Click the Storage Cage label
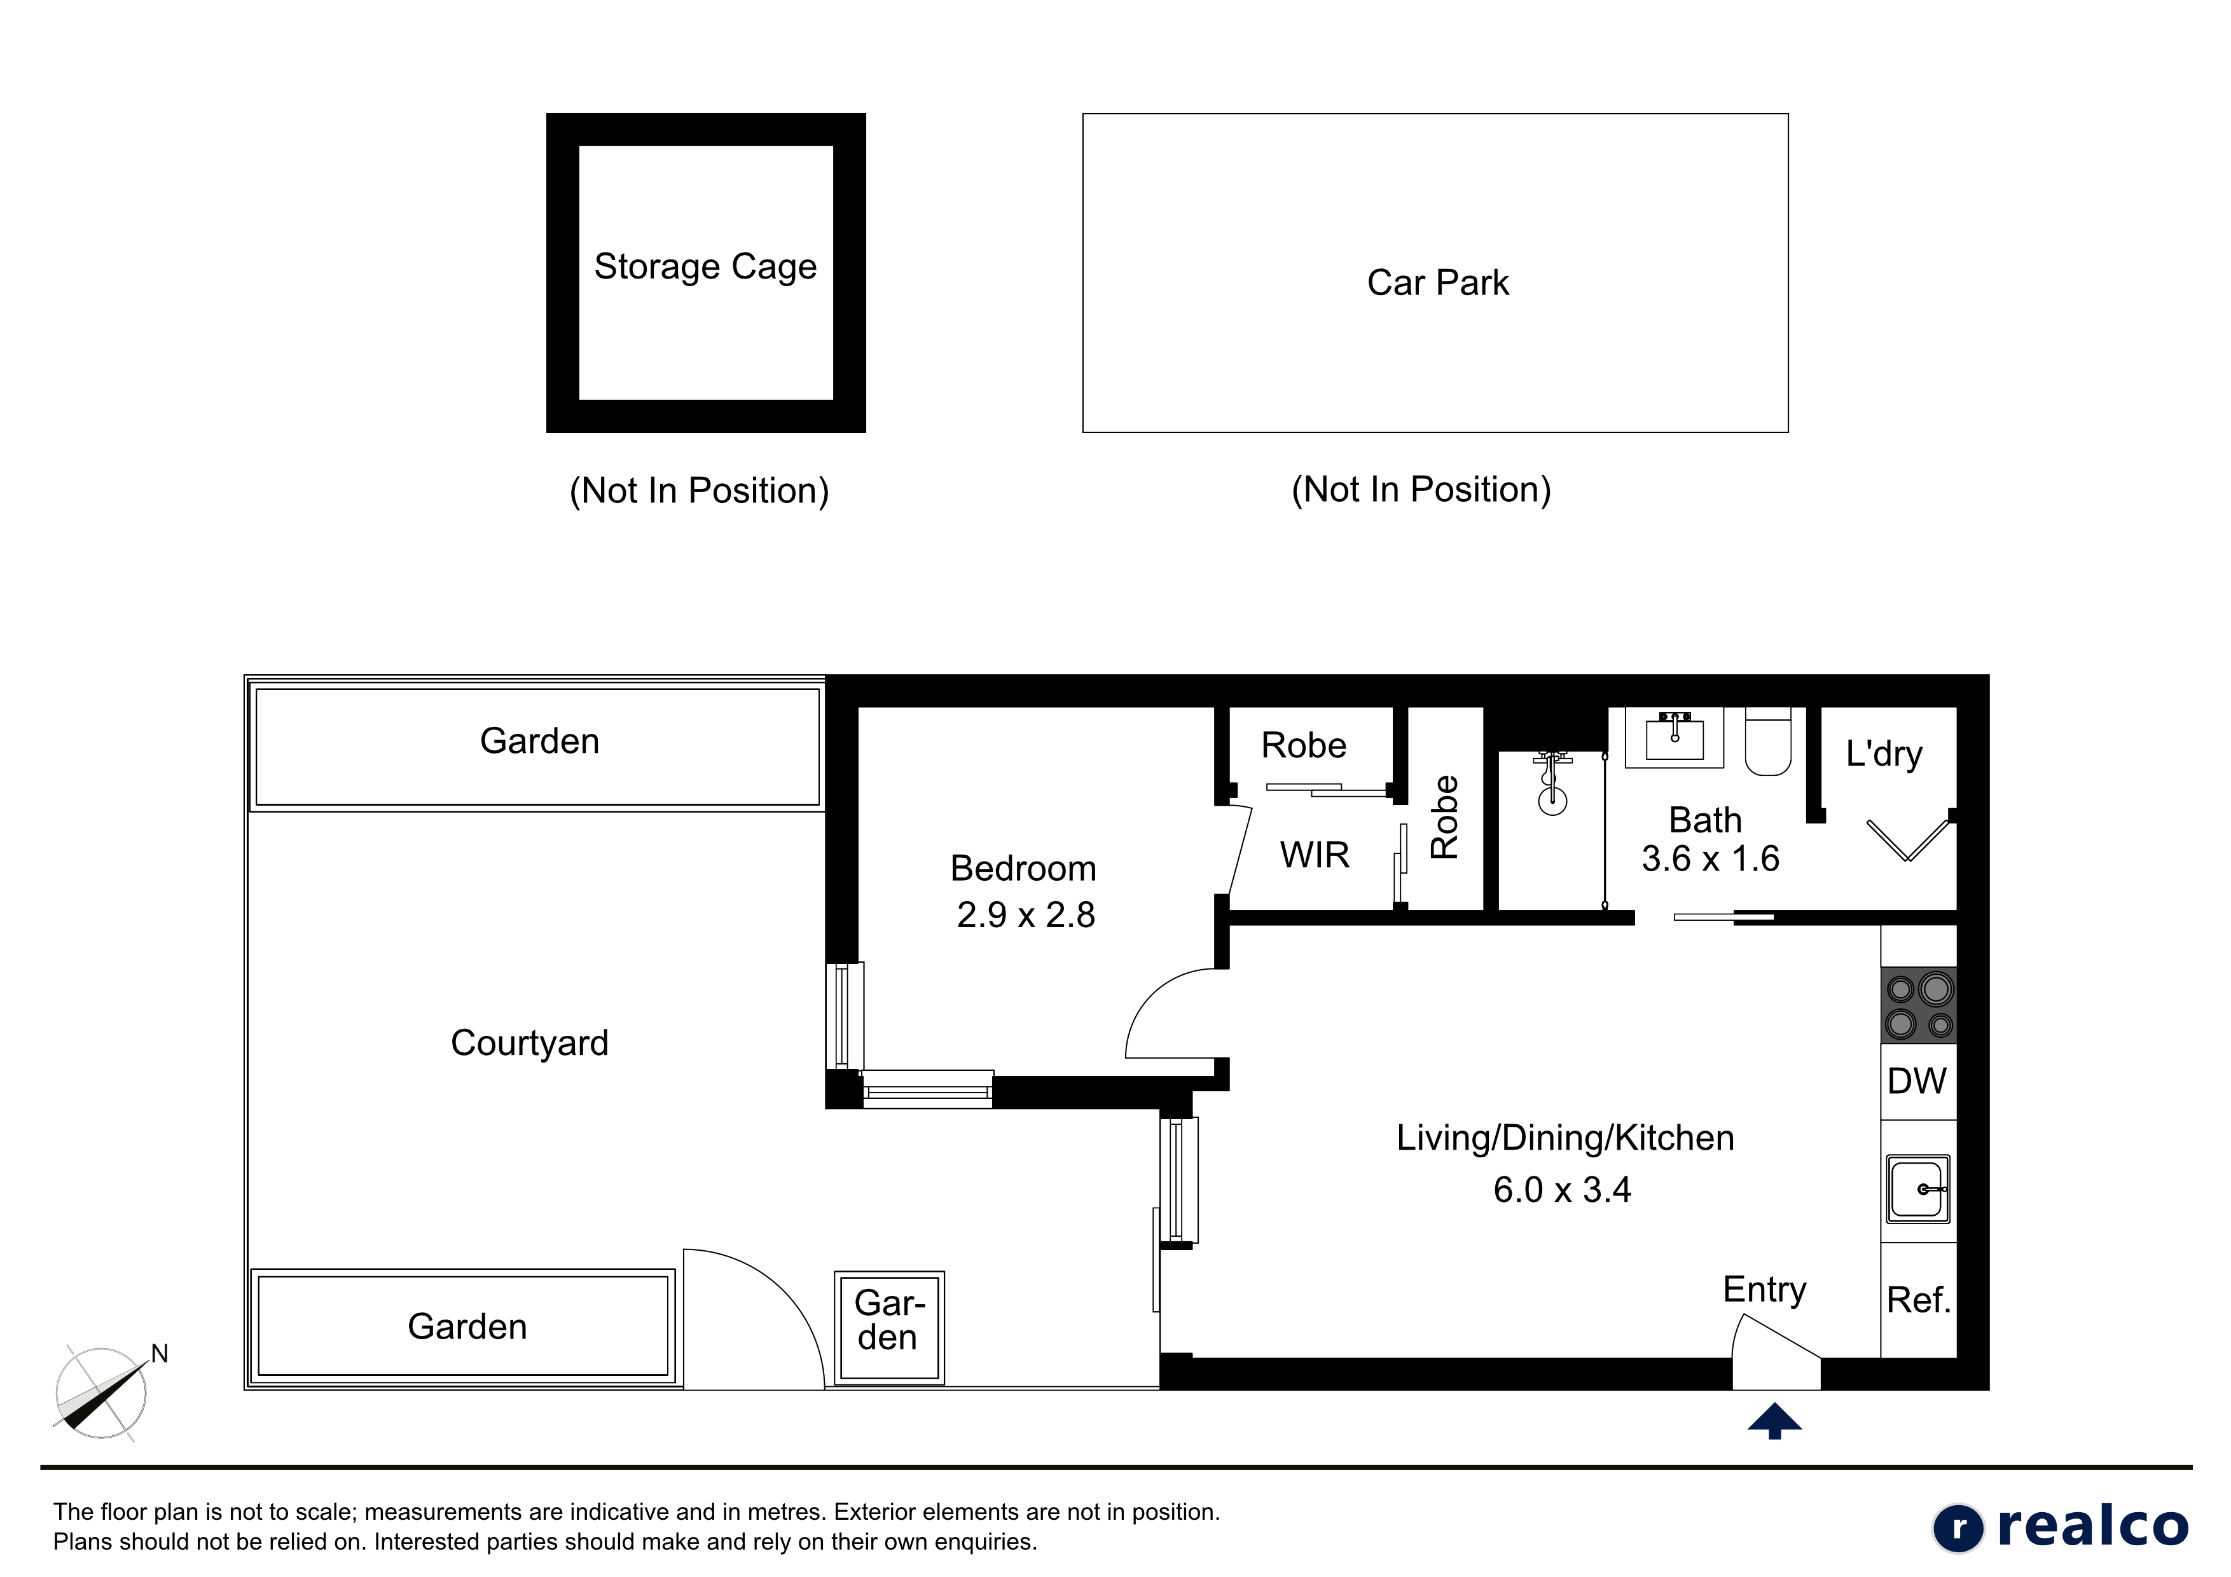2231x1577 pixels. (705, 267)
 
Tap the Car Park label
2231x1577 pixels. (1438, 283)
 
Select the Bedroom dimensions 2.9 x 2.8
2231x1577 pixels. (1026, 914)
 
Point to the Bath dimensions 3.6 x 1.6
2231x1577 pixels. (1710, 858)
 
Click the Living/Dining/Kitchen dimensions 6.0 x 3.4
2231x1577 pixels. (1563, 1189)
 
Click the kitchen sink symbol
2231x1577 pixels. (1918, 1188)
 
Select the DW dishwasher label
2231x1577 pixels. (1916, 1080)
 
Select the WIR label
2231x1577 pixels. (1315, 855)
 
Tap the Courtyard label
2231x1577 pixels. (530, 1043)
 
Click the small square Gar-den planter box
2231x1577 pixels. (889, 1326)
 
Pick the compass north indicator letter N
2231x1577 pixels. (160, 1354)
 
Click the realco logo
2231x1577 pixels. (2060, 1527)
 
